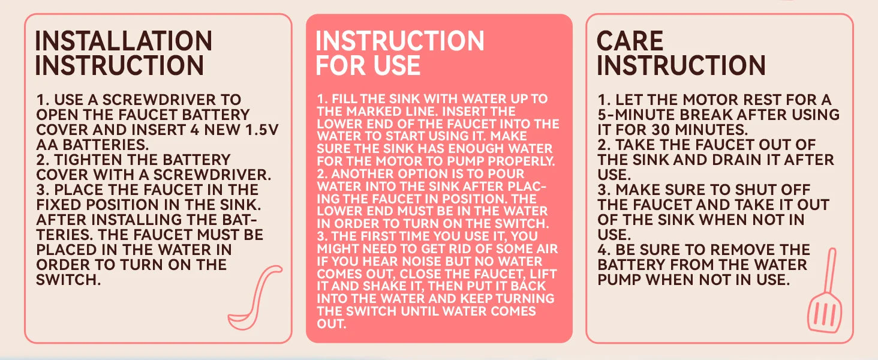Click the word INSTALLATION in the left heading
pyautogui.click(x=124, y=41)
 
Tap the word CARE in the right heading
pyautogui.click(x=630, y=41)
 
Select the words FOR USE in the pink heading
pyautogui.click(x=368, y=65)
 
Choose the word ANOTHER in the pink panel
pyautogui.click(x=362, y=174)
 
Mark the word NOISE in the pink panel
pyautogui.click(x=425, y=261)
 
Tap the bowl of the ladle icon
pyautogui.click(x=242, y=321)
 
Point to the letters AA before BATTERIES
pyautogui.click(x=47, y=145)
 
